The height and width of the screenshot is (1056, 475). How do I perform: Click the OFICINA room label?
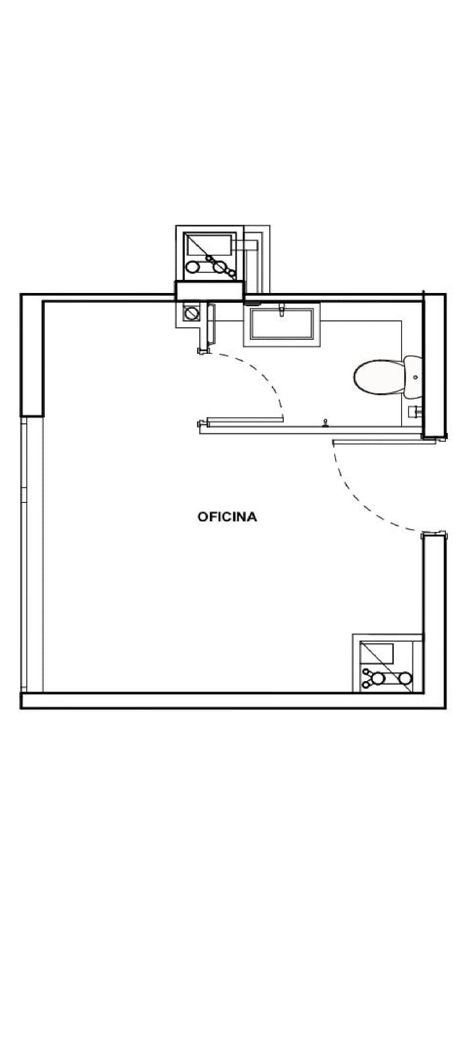tap(227, 517)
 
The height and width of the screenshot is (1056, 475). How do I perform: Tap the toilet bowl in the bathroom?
tap(379, 377)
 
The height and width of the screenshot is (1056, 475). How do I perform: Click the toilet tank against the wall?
tap(413, 377)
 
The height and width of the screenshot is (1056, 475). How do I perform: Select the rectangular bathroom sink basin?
tap(282, 323)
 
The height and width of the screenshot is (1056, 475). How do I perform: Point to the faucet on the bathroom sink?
tap(282, 310)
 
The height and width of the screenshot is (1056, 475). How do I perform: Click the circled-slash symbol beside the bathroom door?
tap(191, 313)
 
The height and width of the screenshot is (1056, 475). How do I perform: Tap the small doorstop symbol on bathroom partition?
tap(325, 423)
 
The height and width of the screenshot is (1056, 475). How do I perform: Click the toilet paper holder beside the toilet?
tap(415, 411)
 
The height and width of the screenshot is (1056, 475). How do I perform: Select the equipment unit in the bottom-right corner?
tap(387, 663)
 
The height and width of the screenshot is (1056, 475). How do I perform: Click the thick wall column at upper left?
tap(32, 355)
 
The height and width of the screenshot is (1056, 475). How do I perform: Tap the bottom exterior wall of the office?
tap(233, 700)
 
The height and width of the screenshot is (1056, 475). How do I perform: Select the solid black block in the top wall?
tap(210, 291)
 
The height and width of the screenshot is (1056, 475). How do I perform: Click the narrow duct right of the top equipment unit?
tap(257, 259)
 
